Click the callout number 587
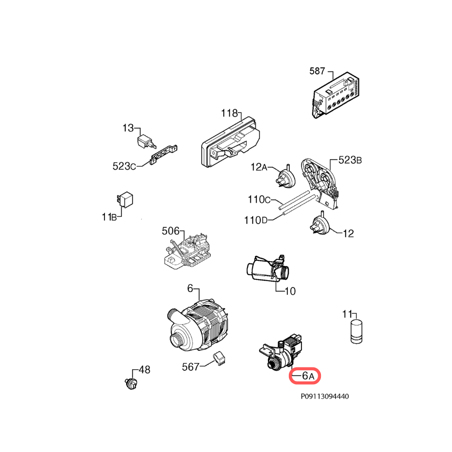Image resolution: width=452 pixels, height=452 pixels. pos(317,71)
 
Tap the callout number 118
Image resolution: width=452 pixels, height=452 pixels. pos(229,113)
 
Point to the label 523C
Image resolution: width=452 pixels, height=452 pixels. pos(124,166)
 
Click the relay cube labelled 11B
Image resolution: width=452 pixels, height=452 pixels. pos(125,199)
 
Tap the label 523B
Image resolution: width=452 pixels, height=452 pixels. pos(350,160)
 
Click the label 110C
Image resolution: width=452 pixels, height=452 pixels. pos(259,199)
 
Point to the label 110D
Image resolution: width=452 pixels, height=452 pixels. pos(256,220)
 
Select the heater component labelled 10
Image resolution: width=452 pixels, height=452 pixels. pos(268,268)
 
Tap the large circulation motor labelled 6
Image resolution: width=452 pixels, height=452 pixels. pos(198,325)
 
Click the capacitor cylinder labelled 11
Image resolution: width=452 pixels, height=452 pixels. pos(357,331)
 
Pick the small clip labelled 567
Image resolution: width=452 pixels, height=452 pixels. pos(220,359)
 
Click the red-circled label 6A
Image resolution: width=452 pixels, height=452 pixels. pos(308,376)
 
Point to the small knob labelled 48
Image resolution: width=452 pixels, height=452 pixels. pos(131,383)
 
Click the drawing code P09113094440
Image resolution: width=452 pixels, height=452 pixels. pos(325,396)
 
